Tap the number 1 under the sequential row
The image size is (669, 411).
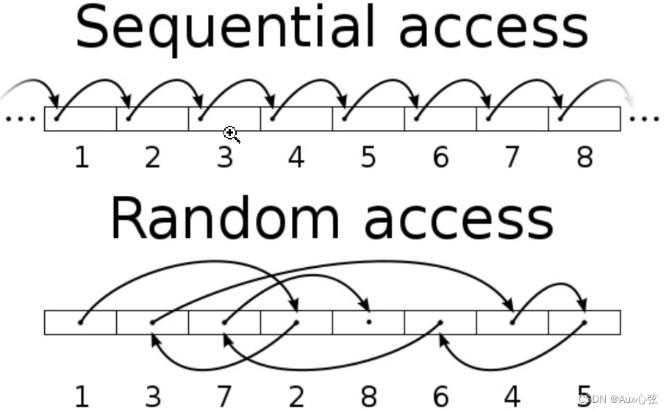pyautogui.click(x=82, y=157)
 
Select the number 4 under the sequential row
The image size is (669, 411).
pyautogui.click(x=296, y=157)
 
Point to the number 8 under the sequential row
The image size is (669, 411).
pyautogui.click(x=584, y=157)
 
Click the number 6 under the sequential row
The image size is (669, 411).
pyautogui.click(x=440, y=157)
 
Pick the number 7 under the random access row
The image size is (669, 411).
pyautogui.click(x=225, y=396)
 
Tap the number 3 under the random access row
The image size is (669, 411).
pyautogui.click(x=153, y=396)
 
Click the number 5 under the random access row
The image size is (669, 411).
pyautogui.click(x=584, y=396)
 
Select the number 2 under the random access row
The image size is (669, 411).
pyautogui.click(x=296, y=396)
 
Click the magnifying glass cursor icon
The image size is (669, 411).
pyautogui.click(x=232, y=134)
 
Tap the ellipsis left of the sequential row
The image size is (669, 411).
pyautogui.click(x=20, y=118)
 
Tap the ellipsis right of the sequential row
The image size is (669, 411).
pyautogui.click(x=645, y=118)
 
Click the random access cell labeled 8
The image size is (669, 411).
pyautogui.click(x=368, y=322)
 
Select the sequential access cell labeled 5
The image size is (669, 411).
pyautogui.click(x=368, y=118)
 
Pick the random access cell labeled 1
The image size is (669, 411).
pyautogui.click(x=81, y=322)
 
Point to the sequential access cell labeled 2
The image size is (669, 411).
pyautogui.click(x=153, y=118)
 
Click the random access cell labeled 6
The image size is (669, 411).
pyautogui.click(x=440, y=322)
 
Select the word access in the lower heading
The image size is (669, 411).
pyautogui.click(x=457, y=218)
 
